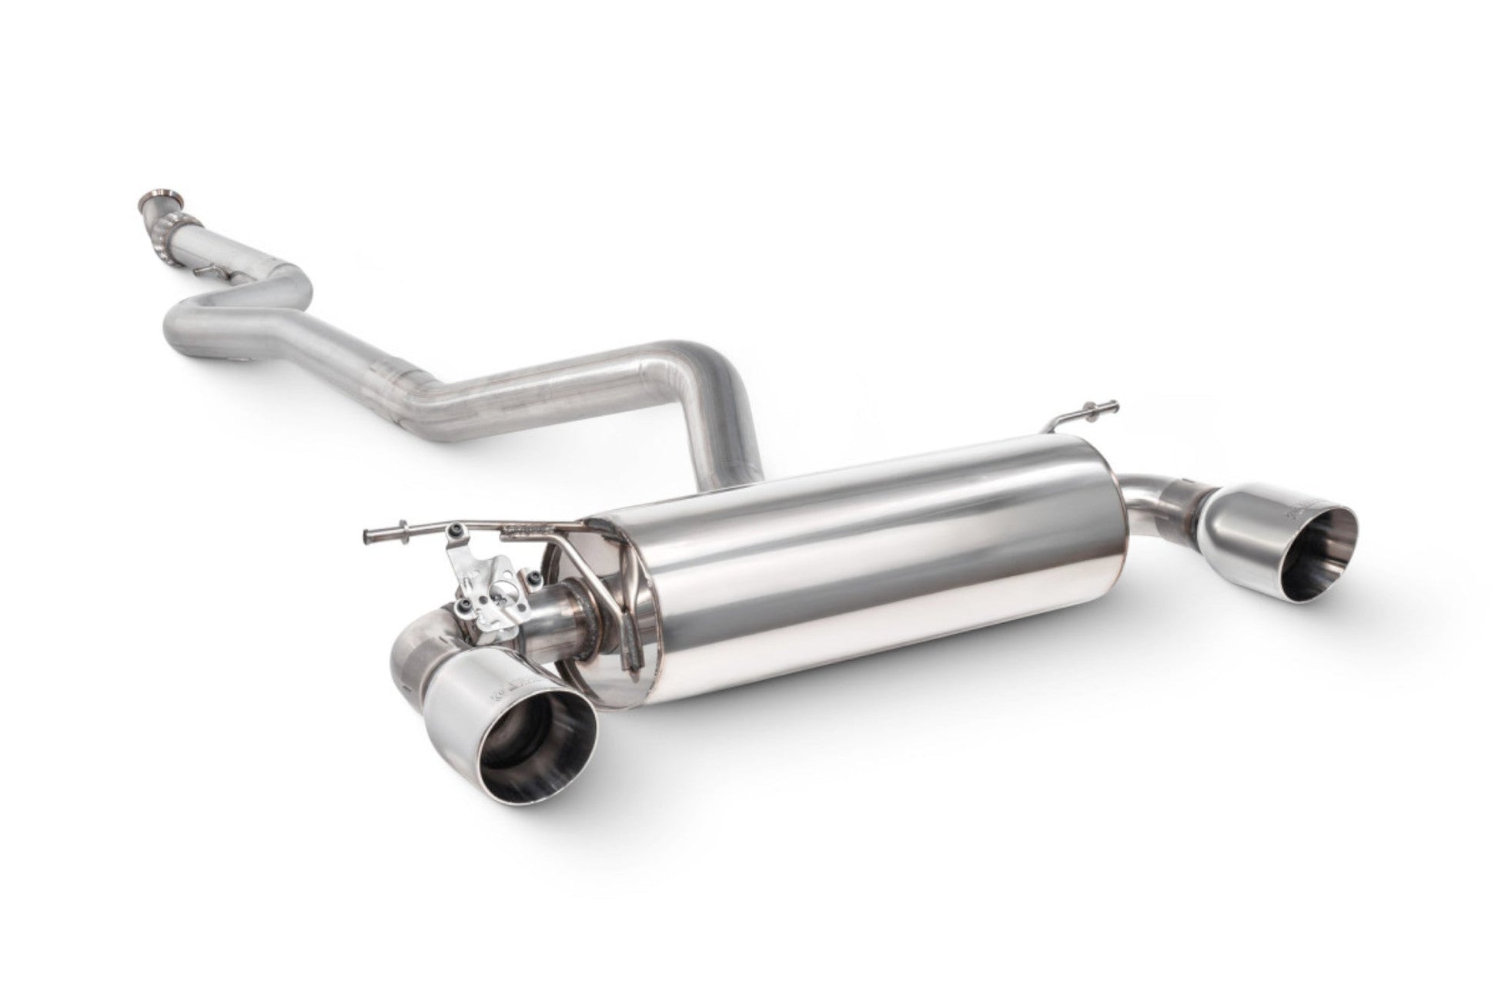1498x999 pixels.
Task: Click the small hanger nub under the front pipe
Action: (205, 272)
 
